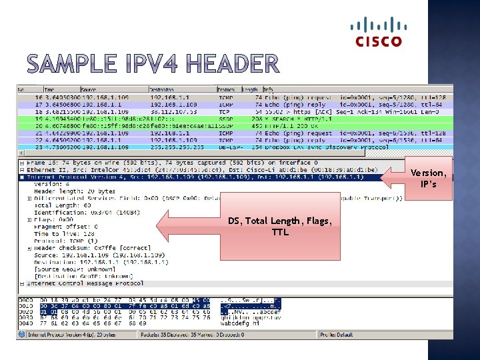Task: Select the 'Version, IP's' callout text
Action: (428, 178)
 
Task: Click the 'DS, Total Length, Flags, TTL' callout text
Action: (279, 227)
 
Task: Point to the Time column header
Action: (50, 89)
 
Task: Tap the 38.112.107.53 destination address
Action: (169, 111)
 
